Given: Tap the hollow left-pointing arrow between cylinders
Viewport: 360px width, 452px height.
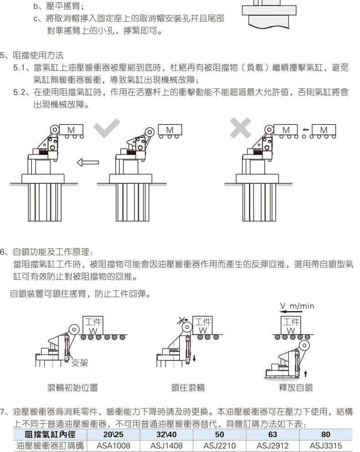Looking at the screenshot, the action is [x=87, y=161].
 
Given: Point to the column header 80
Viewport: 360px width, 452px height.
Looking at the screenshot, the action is [x=326, y=435].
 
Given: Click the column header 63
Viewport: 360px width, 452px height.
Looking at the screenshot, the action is [x=273, y=435].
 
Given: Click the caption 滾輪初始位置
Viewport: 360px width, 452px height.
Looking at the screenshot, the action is [x=72, y=388].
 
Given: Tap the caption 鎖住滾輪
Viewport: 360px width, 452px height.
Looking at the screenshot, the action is [x=188, y=388].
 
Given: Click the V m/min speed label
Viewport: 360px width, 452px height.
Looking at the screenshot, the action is [x=297, y=306].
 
